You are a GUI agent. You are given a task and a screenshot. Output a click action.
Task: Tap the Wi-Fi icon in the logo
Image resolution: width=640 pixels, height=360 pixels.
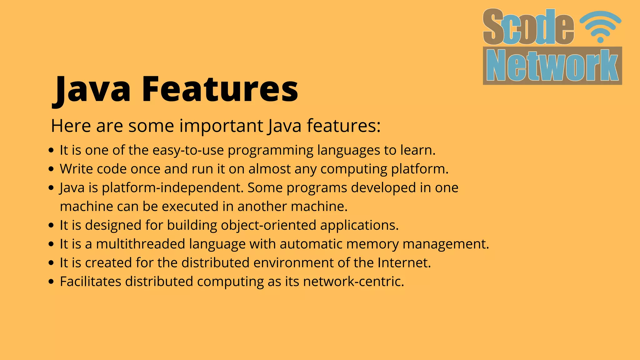click(x=600, y=27)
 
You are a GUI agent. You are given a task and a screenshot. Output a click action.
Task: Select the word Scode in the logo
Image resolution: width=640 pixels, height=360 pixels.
click(x=528, y=27)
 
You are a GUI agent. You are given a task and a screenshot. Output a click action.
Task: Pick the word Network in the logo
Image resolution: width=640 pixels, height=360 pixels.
click(x=552, y=66)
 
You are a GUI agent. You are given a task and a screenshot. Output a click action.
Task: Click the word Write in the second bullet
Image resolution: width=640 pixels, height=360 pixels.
click(x=77, y=169)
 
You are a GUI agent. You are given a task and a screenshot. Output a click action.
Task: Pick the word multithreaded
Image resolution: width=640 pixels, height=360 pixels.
click(x=141, y=244)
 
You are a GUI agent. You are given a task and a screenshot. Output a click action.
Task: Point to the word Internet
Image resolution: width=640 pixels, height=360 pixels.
click(x=404, y=263)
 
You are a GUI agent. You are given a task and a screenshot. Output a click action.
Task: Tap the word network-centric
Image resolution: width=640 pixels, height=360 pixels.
click(x=353, y=282)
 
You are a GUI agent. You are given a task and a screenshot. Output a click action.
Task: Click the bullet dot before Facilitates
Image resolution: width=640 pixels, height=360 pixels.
click(x=52, y=282)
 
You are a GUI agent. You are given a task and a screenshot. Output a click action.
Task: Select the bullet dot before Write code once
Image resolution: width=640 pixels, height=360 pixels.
click(x=52, y=169)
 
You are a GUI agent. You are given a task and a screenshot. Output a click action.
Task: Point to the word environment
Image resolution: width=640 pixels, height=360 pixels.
click(x=293, y=263)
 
